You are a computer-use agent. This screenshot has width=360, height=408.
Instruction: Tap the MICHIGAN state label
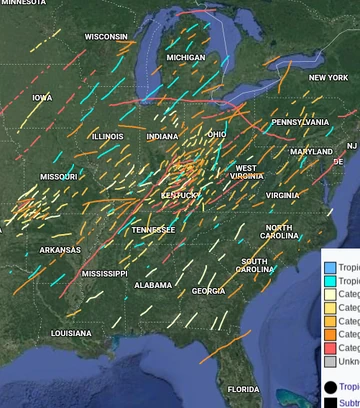click(185, 58)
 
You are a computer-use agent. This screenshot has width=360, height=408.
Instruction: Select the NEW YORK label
click(328, 77)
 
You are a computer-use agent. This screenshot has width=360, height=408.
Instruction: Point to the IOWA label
click(42, 98)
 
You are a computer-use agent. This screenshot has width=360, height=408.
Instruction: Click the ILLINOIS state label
click(108, 136)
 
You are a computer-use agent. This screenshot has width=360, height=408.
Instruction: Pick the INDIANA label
click(162, 136)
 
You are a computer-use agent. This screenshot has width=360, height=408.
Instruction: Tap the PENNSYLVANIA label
click(300, 122)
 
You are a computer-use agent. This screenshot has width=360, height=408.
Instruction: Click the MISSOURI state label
click(58, 176)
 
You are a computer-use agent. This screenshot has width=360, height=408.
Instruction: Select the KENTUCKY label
click(180, 195)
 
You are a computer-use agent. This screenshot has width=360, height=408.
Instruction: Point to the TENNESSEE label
click(153, 229)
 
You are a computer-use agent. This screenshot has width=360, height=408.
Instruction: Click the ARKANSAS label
click(60, 249)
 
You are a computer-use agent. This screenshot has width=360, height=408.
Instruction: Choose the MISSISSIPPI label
click(104, 273)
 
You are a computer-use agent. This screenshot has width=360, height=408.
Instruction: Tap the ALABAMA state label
click(153, 285)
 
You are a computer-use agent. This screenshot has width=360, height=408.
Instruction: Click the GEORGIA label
click(208, 291)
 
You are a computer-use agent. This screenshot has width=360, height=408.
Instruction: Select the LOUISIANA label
click(71, 333)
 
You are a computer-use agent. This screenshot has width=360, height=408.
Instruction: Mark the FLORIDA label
click(243, 388)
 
